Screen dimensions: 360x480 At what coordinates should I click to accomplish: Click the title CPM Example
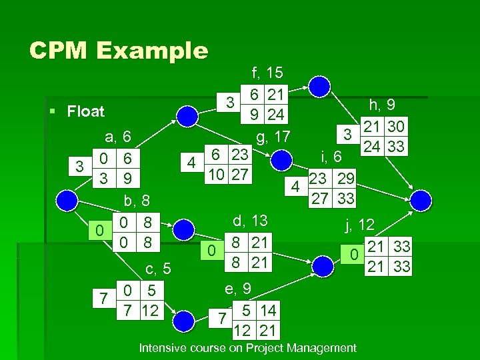pyautogui.click(x=119, y=51)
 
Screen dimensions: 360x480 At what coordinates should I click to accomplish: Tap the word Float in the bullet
pyautogui.click(x=85, y=111)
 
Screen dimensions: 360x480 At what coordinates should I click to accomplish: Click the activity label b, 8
pyautogui.click(x=139, y=201)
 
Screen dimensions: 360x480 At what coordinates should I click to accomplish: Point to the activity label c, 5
pyautogui.click(x=159, y=269)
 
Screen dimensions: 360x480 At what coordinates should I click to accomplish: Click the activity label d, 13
pyautogui.click(x=251, y=221)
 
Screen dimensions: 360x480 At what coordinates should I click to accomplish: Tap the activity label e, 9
pyautogui.click(x=237, y=288)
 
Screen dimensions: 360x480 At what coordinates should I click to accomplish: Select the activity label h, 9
pyautogui.click(x=383, y=105)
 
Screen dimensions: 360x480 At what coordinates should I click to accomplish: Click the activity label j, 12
pyautogui.click(x=359, y=225)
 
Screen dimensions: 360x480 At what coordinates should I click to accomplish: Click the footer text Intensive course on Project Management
pyautogui.click(x=247, y=348)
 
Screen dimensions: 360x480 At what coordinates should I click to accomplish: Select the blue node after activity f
pyautogui.click(x=321, y=85)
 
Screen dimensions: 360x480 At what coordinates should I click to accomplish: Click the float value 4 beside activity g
pyautogui.click(x=192, y=161)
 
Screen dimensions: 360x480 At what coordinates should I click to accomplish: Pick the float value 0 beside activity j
pyautogui.click(x=356, y=254)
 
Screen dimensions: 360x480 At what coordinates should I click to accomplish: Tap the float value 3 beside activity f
pyautogui.click(x=229, y=103)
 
